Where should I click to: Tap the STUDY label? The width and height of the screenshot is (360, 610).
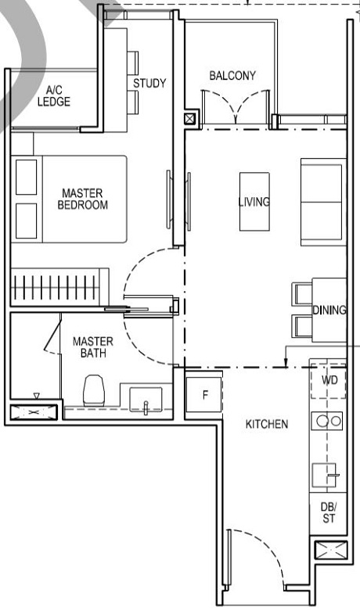pyautogui.click(x=149, y=84)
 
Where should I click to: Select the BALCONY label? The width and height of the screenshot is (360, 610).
pyautogui.click(x=232, y=76)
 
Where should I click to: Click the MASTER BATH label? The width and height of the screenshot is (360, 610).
pyautogui.click(x=93, y=347)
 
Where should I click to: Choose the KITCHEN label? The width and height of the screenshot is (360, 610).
pyautogui.click(x=267, y=424)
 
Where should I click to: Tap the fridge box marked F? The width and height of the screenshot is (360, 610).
pyautogui.click(x=204, y=394)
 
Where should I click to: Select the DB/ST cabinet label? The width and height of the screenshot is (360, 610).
pyautogui.click(x=328, y=511)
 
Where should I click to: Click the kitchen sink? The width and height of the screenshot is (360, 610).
pyautogui.click(x=326, y=475)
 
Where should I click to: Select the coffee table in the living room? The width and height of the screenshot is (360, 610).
pyautogui.click(x=254, y=202)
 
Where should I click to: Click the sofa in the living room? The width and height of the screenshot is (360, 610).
pyautogui.click(x=322, y=201)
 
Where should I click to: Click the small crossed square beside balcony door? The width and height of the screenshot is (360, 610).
pyautogui.click(x=190, y=120)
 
